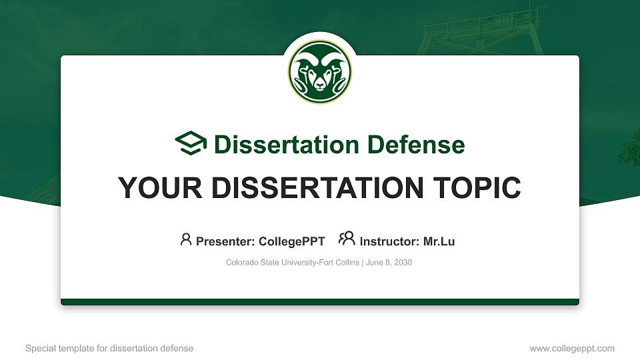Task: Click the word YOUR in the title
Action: (152, 188)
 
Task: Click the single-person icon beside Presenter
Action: (186, 239)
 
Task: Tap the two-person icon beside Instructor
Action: (347, 239)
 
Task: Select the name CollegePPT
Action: (293, 241)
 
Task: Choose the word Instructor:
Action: (389, 241)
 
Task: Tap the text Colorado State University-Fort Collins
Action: (293, 263)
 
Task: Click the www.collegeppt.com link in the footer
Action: (572, 348)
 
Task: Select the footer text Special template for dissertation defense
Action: (109, 348)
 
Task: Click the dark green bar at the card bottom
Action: (320, 302)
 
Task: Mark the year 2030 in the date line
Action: (403, 263)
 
